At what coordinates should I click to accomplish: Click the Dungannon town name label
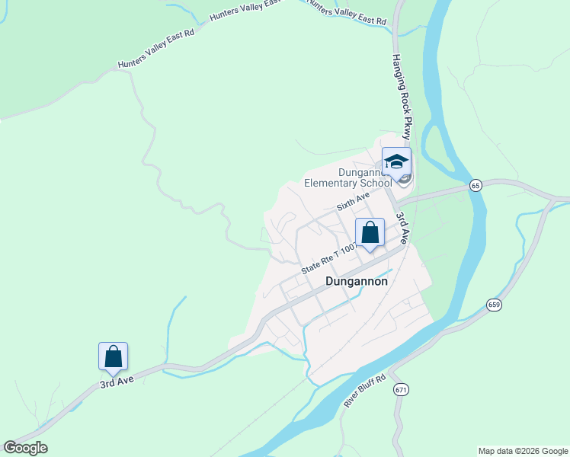[356, 281]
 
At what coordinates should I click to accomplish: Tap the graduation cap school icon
[396, 161]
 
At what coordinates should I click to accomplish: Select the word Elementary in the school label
[331, 183]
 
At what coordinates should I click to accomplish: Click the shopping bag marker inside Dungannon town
[370, 232]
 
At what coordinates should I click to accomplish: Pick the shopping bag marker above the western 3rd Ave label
[113, 356]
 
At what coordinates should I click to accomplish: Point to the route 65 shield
[476, 185]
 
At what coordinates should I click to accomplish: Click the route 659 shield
[494, 305]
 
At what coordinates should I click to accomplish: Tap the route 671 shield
[401, 389]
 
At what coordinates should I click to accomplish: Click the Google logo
[25, 448]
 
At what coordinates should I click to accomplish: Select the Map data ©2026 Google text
[523, 451]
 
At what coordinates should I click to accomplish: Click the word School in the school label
[376, 183]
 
